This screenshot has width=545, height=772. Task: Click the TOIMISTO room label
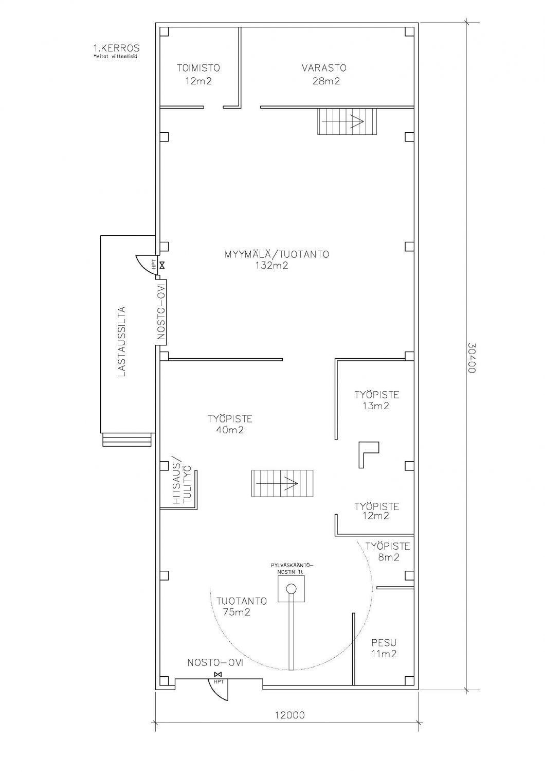tap(198, 68)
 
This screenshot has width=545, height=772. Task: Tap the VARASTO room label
tap(324, 68)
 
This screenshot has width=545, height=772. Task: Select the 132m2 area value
tap(271, 266)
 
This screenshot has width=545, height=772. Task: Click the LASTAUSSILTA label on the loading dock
tap(121, 341)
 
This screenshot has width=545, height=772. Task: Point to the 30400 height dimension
tap(471, 357)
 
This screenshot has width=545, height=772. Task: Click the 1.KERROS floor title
tap(116, 47)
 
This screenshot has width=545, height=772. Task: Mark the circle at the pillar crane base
tap(291, 588)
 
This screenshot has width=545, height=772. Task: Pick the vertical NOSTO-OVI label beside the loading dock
tap(161, 312)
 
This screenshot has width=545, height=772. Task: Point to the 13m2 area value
tap(376, 406)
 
